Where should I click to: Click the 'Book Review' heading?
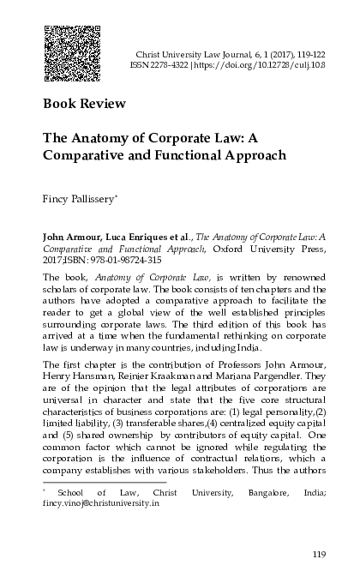pyautogui.click(x=84, y=105)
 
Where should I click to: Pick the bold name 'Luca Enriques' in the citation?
pyautogui.click(x=139, y=233)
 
